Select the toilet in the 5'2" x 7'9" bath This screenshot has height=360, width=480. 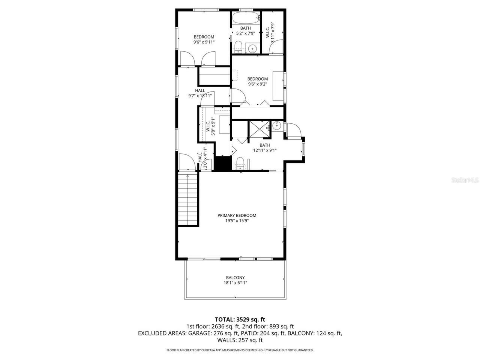pos(237,46)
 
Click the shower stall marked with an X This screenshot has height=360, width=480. pos(259,129)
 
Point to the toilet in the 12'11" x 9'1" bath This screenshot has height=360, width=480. pos(240,163)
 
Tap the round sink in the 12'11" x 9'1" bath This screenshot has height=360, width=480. pos(277,126)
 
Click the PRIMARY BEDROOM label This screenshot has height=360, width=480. pos(237,215)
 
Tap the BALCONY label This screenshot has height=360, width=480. pos(235,277)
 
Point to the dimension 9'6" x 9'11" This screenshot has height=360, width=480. pos(204,42)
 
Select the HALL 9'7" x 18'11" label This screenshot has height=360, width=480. pos(200,93)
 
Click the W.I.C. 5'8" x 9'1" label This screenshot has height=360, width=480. pos(210,126)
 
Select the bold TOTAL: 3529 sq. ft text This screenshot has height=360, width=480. pos(240,319)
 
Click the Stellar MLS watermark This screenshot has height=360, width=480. pos(465,180)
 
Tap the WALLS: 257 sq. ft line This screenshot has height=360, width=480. pos(240,340)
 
